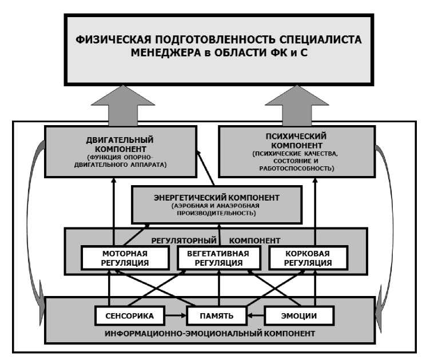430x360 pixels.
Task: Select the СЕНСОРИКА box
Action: tap(126, 315)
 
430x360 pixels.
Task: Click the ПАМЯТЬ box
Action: tap(215, 315)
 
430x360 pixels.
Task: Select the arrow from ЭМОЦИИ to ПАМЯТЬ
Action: tap(256, 315)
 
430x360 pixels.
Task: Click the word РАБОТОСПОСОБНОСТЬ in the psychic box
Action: tap(297, 169)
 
